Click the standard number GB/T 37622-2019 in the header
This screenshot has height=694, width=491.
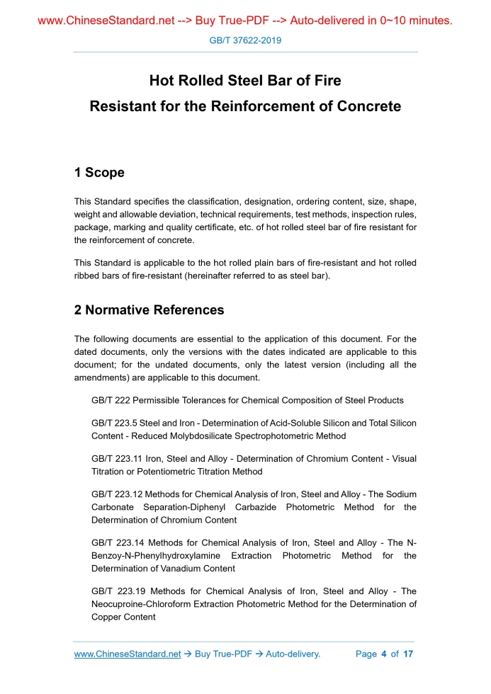(245, 40)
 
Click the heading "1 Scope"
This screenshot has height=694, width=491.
(99, 173)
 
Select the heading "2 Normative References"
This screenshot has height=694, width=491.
(149, 310)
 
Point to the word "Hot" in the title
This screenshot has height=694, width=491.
(163, 81)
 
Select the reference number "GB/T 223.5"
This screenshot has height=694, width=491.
(115, 423)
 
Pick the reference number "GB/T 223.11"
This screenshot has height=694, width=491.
(118, 459)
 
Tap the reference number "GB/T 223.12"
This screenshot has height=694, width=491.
(118, 494)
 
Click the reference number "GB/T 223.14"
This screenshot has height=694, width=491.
(118, 543)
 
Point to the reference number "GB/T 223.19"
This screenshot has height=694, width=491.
(118, 591)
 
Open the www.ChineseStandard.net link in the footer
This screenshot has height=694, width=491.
(128, 654)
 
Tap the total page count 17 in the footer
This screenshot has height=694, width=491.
(407, 654)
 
